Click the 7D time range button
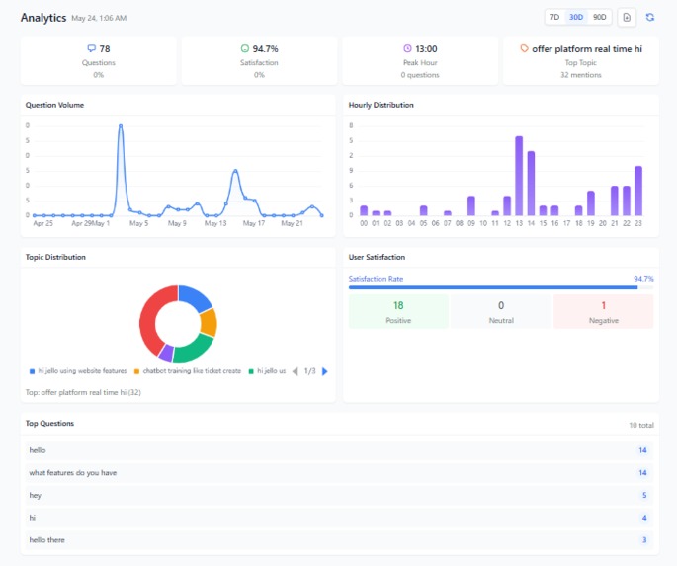(x=555, y=17)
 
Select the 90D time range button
(x=600, y=17)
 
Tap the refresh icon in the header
(x=649, y=17)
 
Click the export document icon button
(x=627, y=17)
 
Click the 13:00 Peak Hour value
(x=426, y=48)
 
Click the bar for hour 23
(x=638, y=191)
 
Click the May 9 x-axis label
(x=177, y=223)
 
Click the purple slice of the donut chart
(x=166, y=353)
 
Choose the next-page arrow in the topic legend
(x=325, y=371)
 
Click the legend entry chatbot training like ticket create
(x=192, y=371)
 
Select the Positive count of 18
(x=398, y=306)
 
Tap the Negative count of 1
(x=603, y=306)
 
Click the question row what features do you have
(x=73, y=473)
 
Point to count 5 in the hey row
(x=643, y=495)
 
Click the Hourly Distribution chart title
(x=381, y=105)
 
